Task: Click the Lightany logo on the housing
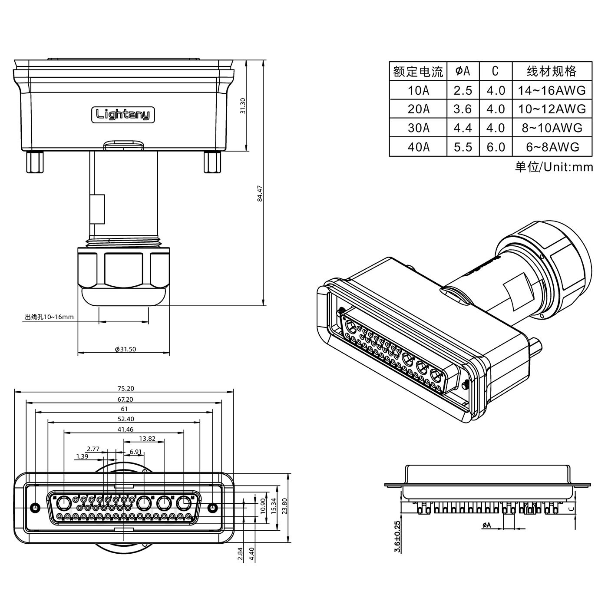(123, 114)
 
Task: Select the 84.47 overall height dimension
(260, 194)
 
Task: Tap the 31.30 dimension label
(243, 106)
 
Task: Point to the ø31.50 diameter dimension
(125, 349)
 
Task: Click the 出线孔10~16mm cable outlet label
(49, 317)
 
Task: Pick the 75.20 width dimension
(126, 388)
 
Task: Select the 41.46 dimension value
(125, 430)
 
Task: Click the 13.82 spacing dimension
(147, 439)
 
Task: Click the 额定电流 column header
(418, 71)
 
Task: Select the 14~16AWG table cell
(552, 90)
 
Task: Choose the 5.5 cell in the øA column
(463, 147)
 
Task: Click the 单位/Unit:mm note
(554, 167)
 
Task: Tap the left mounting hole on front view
(35, 507)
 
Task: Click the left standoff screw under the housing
(34, 162)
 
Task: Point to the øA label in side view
(486, 525)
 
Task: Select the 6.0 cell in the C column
(496, 147)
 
